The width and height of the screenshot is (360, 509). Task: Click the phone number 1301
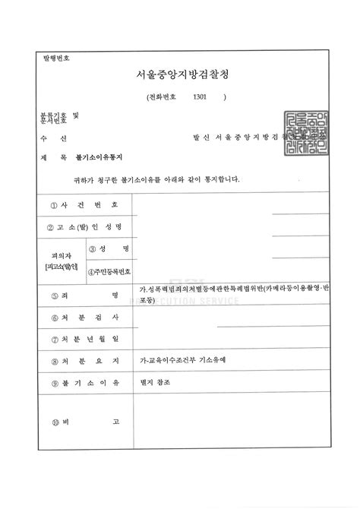coord(201,97)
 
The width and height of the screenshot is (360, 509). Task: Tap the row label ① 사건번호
coord(84,205)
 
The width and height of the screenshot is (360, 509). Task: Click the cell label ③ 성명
coord(109,248)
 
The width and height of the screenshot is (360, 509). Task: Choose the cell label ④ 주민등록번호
coord(109,271)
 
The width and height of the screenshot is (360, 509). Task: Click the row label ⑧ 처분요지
coord(84,362)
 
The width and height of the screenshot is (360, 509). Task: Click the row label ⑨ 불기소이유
coord(84,384)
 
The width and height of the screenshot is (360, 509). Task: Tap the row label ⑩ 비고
coord(84,422)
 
